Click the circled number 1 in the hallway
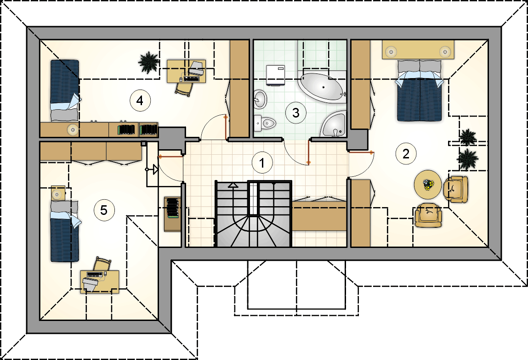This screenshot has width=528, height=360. pyautogui.click(x=262, y=163)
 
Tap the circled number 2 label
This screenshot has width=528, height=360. pyautogui.click(x=406, y=154)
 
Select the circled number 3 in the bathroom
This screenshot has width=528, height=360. pyautogui.click(x=295, y=112)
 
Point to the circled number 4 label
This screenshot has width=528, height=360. pyautogui.click(x=140, y=100)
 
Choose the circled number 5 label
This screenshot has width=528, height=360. pyautogui.click(x=104, y=210)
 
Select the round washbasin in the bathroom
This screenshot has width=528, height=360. pyautogui.click(x=260, y=99)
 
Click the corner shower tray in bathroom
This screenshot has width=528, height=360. pyautogui.click(x=333, y=124)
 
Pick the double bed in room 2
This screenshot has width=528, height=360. pyautogui.click(x=419, y=90)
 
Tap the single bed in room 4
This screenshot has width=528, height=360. pyautogui.click(x=65, y=90)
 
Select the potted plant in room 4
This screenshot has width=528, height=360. pyautogui.click(x=148, y=62)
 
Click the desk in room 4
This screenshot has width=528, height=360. pyautogui.click(x=186, y=71)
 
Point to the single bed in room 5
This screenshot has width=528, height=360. pyautogui.click(x=65, y=231)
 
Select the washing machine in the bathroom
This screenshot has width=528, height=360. pyautogui.click(x=275, y=75)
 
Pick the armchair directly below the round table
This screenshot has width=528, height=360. pyautogui.click(x=428, y=215)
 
